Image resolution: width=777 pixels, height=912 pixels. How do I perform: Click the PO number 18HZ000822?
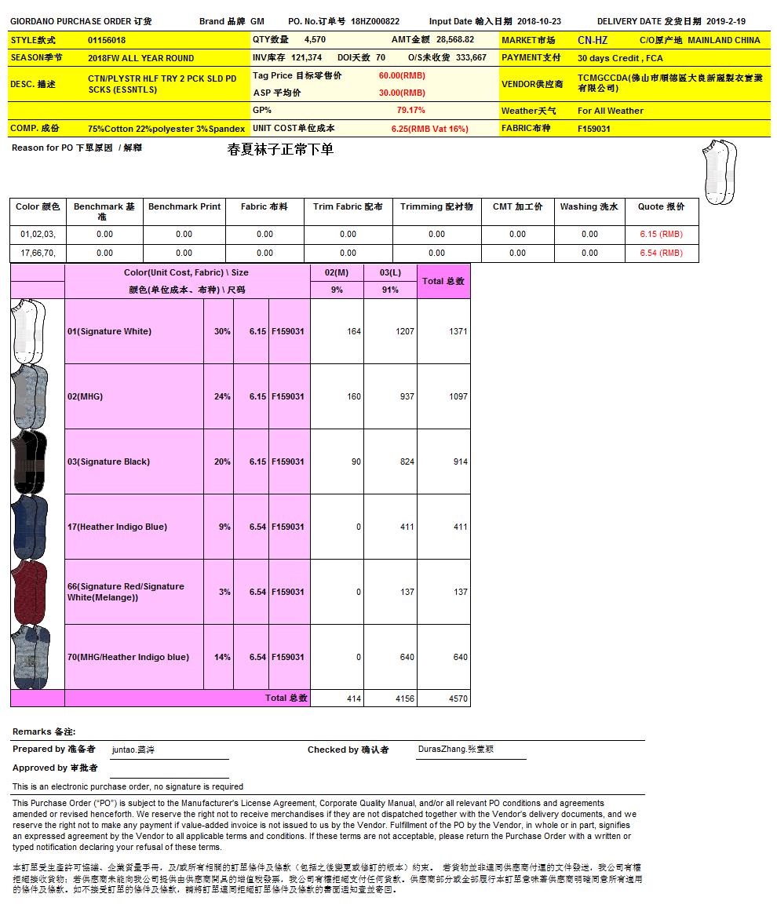point(375,22)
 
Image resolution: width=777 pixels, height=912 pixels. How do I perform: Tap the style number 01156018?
point(107,40)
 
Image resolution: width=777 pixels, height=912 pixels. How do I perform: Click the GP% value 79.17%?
point(410,111)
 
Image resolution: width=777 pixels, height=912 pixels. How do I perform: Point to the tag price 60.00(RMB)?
point(402,76)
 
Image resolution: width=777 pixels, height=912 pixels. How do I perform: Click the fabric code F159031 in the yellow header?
point(594,129)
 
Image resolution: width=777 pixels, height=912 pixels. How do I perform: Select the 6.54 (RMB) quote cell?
point(661,253)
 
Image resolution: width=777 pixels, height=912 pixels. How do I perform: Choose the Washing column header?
point(589,207)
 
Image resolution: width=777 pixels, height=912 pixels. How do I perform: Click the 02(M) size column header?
point(337,272)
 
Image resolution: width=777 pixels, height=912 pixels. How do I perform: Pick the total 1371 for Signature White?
point(458,331)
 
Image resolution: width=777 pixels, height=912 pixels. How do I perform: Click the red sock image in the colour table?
point(30,592)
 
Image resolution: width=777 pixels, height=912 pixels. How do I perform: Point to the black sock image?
point(30,461)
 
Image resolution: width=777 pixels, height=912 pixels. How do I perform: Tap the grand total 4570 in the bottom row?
point(458,699)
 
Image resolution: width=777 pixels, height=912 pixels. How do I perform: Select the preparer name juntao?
point(133,750)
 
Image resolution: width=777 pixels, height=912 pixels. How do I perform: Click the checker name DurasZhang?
point(456,750)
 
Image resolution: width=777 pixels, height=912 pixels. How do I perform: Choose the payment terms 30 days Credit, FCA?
point(620,58)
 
